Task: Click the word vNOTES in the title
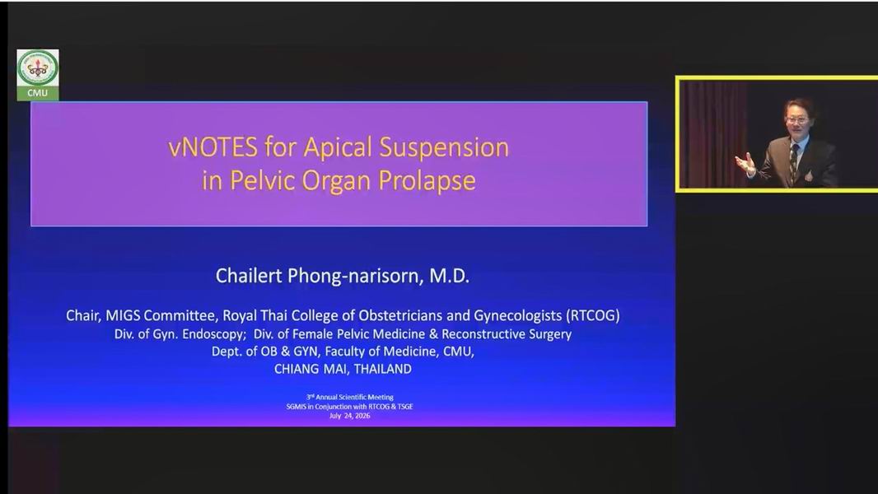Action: [x=212, y=147]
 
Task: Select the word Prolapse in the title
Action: [x=427, y=181]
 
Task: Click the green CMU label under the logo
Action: [x=38, y=93]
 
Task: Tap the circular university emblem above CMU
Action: [x=38, y=68]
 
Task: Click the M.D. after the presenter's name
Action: [x=449, y=276]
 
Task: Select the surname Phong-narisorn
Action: [x=353, y=277]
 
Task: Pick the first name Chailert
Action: [x=249, y=276]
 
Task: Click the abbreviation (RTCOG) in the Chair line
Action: [x=593, y=315]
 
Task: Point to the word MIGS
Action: [x=123, y=315]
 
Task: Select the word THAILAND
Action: [x=382, y=369]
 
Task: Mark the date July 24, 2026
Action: [x=349, y=416]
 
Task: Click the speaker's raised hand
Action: [x=746, y=163]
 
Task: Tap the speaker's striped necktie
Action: [x=793, y=161]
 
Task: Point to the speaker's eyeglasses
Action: [x=796, y=119]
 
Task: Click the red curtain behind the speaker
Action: [x=712, y=133]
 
